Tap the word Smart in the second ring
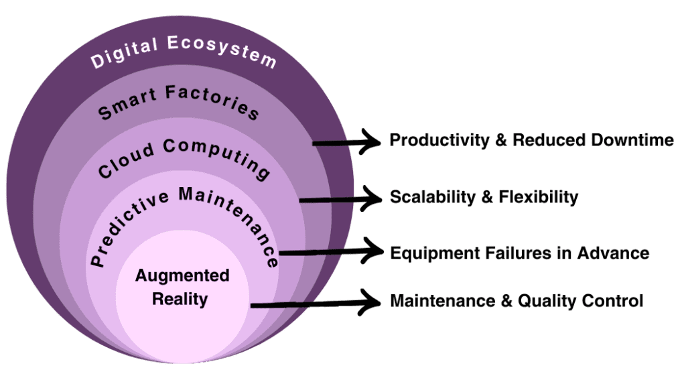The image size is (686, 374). pos(123,105)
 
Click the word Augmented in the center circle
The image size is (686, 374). pos(182,275)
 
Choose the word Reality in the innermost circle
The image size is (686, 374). pos(180,298)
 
